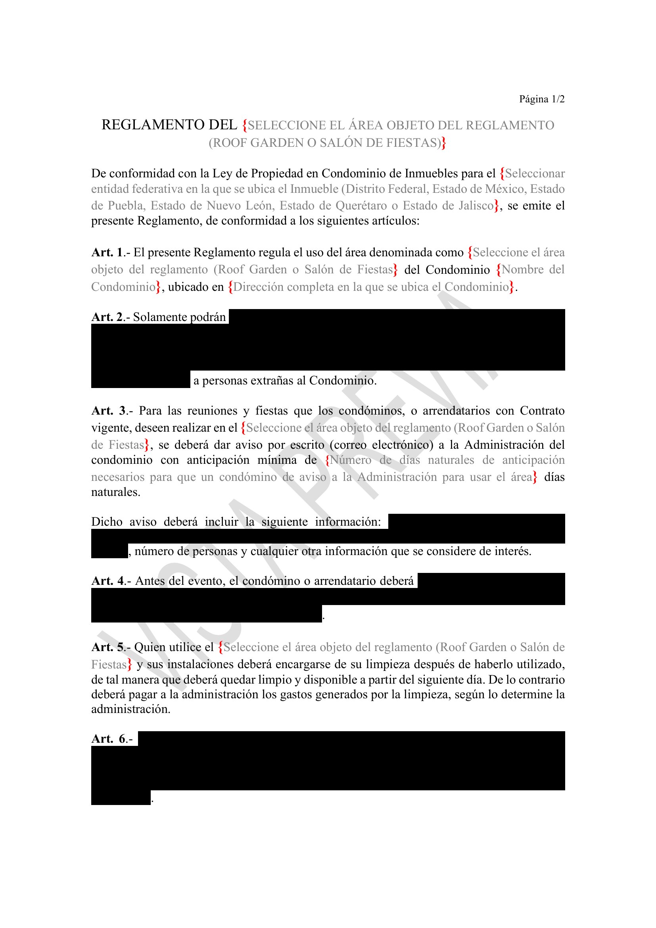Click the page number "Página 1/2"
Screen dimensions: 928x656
tap(541, 99)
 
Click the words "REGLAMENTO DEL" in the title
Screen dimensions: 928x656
tap(169, 125)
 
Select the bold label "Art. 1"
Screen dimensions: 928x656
tap(107, 252)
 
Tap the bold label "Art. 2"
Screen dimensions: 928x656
tap(107, 317)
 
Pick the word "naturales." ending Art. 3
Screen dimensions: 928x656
tap(115, 492)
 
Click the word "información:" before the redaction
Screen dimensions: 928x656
tap(348, 522)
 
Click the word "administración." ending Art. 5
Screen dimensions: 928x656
tap(130, 709)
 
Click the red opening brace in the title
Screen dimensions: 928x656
tap(244, 125)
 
